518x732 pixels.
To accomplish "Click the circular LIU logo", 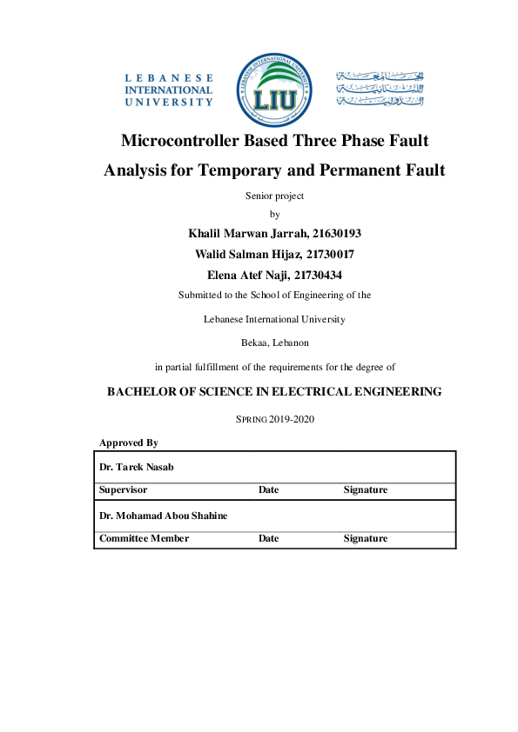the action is tap(274, 88).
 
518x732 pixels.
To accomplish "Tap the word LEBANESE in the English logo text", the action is tap(169, 77).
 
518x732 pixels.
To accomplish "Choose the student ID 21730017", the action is tap(330, 254).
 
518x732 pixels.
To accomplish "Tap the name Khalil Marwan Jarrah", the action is tap(244, 234).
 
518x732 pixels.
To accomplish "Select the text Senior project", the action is tap(275, 196).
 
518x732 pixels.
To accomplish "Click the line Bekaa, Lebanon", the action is tap(274, 343).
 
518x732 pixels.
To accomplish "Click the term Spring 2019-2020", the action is tap(275, 419).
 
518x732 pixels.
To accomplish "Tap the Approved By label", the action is tap(128, 443).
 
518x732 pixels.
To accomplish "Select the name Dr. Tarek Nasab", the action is tap(137, 467).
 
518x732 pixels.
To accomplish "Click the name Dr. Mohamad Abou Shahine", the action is tap(163, 516).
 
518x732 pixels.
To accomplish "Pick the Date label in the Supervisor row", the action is tap(268, 490).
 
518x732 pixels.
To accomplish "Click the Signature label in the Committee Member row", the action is tap(365, 539).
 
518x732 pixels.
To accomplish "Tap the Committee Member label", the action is tap(144, 539).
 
